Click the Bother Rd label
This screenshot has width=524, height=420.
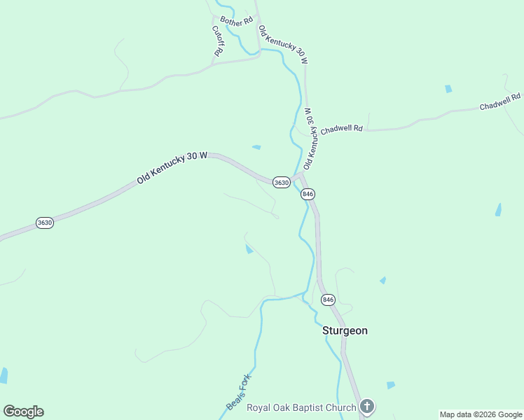[235, 21]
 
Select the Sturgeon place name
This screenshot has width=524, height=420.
[345, 330]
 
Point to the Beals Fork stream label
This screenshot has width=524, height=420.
[238, 393]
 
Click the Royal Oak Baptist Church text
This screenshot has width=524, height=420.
[301, 407]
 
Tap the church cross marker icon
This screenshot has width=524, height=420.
[367, 407]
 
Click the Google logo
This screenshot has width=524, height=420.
[23, 412]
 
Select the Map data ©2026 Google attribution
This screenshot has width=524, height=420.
[481, 414]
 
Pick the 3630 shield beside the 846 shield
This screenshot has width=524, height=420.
[281, 182]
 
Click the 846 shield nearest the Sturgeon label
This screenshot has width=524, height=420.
[328, 300]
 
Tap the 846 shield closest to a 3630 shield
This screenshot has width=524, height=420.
[308, 193]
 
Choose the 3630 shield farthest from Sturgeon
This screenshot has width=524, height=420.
[45, 223]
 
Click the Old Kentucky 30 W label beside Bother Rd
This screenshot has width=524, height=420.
[283, 45]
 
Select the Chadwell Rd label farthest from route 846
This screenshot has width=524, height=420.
[500, 102]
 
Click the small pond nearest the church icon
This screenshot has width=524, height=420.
[390, 385]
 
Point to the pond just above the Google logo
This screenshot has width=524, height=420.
[4, 375]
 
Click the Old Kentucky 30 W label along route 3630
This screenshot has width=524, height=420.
[172, 169]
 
